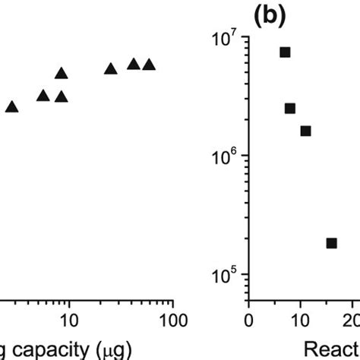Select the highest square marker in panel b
[x=285, y=52]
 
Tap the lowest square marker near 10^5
[x=331, y=243]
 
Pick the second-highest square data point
[x=290, y=109]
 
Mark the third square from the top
[x=305, y=131]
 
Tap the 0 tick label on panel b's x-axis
[x=249, y=318]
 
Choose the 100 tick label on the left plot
[x=173, y=318]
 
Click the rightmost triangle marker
[x=150, y=65]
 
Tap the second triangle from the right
[x=134, y=64]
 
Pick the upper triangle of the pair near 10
[x=62, y=74]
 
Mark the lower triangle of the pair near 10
[x=62, y=96]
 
